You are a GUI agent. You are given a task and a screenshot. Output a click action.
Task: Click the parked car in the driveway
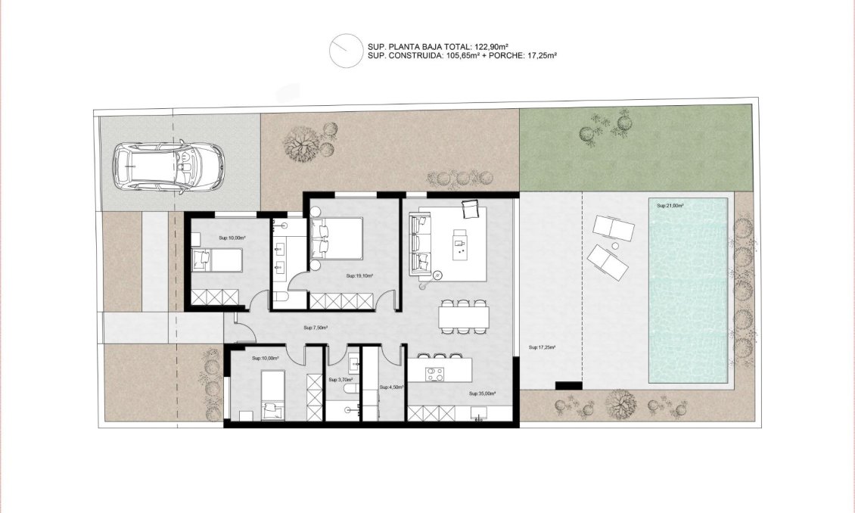[x=169, y=167]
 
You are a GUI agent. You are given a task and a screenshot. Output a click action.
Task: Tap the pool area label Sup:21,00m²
[x=670, y=206]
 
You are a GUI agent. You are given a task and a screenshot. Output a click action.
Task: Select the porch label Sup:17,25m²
[x=543, y=347]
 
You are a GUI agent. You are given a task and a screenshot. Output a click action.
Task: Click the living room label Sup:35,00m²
[x=481, y=393]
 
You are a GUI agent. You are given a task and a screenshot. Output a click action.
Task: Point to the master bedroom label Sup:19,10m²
[x=359, y=276]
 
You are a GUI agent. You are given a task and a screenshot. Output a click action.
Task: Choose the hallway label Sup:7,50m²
[x=315, y=328]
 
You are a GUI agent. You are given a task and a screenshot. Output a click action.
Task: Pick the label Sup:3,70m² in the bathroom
[x=338, y=379]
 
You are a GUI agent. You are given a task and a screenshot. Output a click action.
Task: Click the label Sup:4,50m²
[x=391, y=387]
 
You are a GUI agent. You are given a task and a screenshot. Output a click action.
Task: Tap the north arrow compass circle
[x=344, y=51]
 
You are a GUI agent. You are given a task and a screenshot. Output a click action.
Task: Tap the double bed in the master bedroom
[x=336, y=238]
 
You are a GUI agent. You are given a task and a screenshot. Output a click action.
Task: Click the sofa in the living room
[x=418, y=244]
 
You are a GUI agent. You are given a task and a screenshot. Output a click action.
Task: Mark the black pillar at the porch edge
[x=568, y=386]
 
